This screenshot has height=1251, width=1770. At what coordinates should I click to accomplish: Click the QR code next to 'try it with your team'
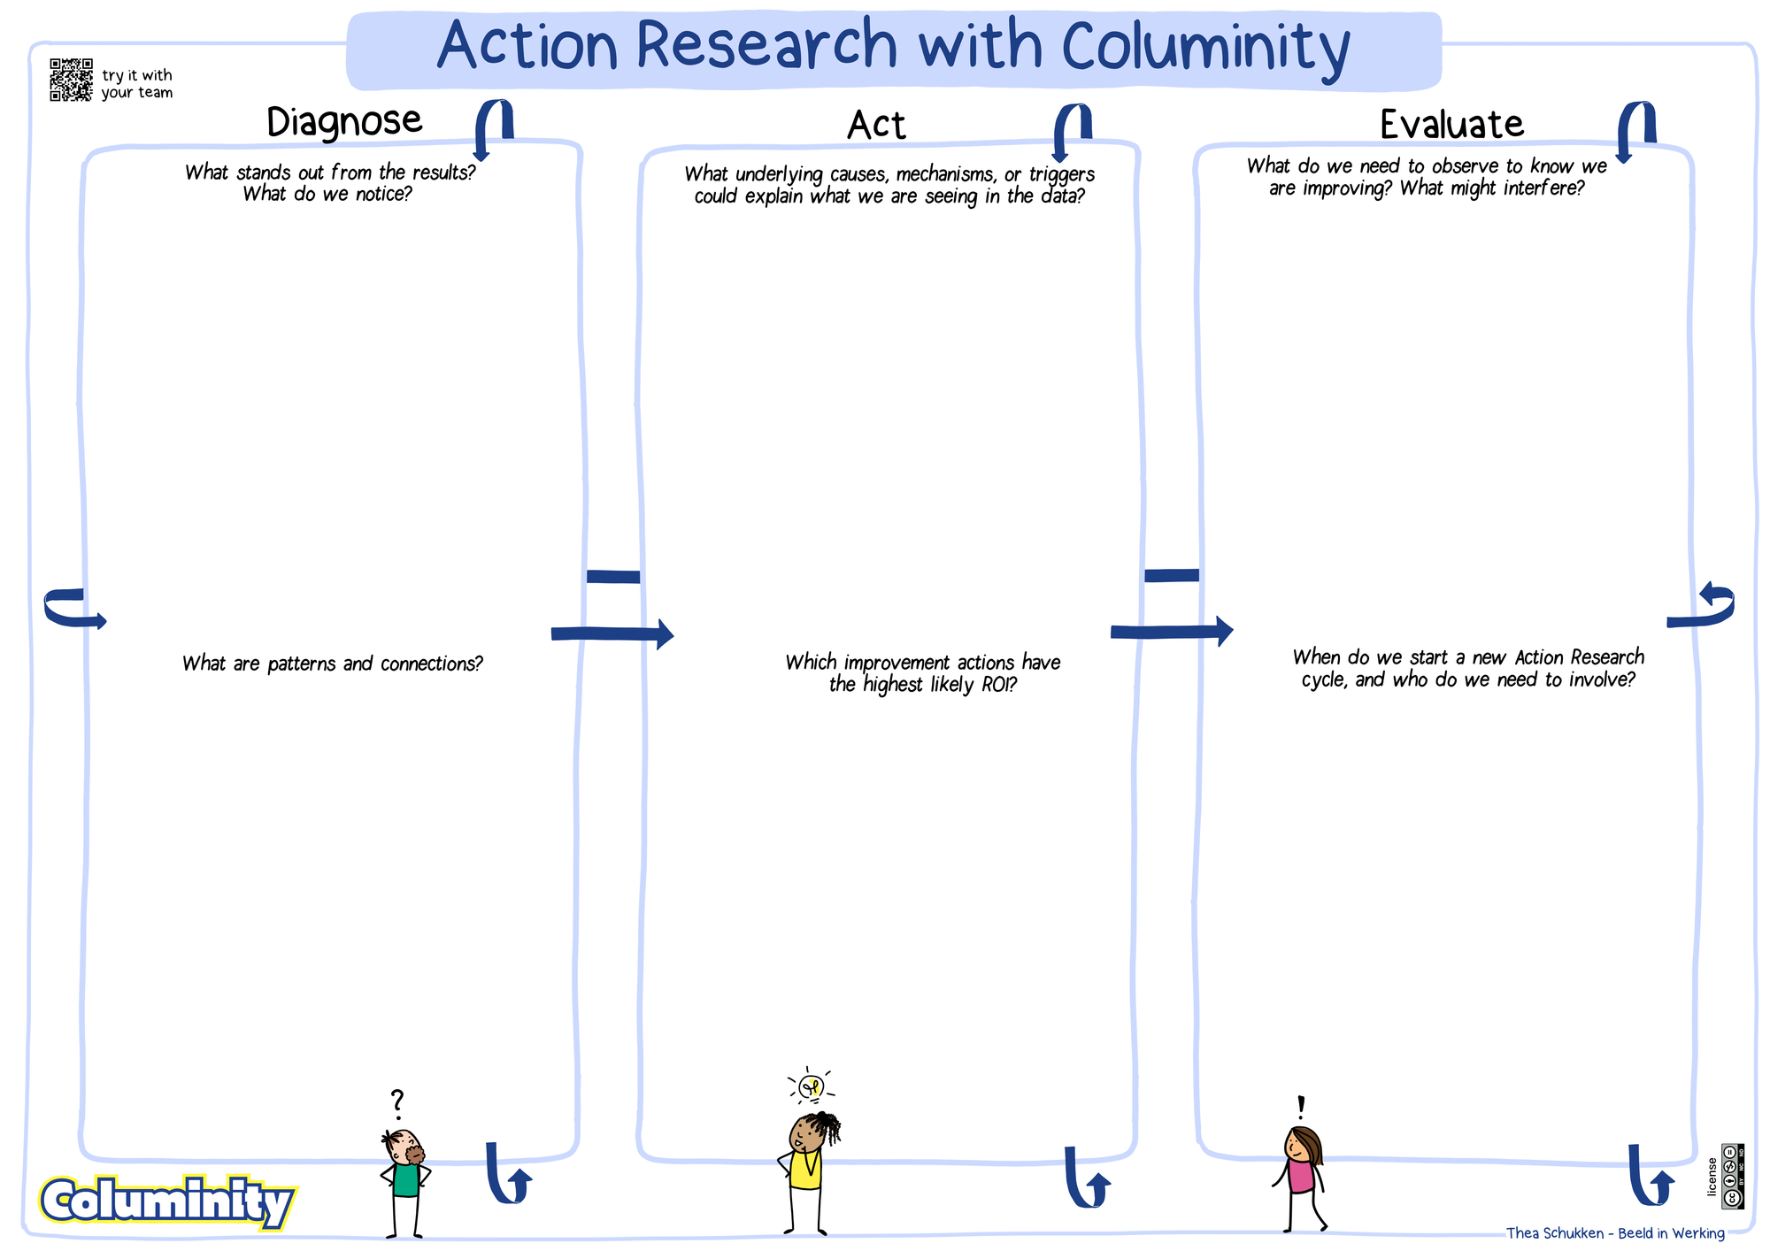click(x=71, y=80)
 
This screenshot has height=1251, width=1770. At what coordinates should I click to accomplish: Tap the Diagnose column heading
click(x=344, y=121)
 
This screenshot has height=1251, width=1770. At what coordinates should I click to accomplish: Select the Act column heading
click(x=876, y=125)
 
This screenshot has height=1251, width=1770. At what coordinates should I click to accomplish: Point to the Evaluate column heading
click(x=1451, y=124)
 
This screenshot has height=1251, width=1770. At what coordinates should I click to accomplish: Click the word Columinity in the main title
click(x=1205, y=47)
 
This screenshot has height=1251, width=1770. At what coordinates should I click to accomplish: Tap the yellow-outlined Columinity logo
click(x=167, y=1202)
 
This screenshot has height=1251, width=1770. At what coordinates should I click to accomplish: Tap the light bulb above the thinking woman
click(x=811, y=1086)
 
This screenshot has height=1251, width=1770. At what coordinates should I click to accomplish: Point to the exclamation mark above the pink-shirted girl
click(x=1300, y=1108)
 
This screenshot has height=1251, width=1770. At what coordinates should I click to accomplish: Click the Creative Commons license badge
click(x=1733, y=1176)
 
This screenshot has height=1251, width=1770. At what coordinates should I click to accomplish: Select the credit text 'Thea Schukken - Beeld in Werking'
click(x=1615, y=1233)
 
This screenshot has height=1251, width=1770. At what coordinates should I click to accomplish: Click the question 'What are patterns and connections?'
click(x=333, y=664)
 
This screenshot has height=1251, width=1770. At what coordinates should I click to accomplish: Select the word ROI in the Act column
click(x=998, y=685)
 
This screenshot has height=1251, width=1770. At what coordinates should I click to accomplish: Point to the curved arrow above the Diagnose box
click(x=493, y=129)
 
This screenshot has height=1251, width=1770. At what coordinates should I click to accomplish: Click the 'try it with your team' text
click(x=137, y=84)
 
